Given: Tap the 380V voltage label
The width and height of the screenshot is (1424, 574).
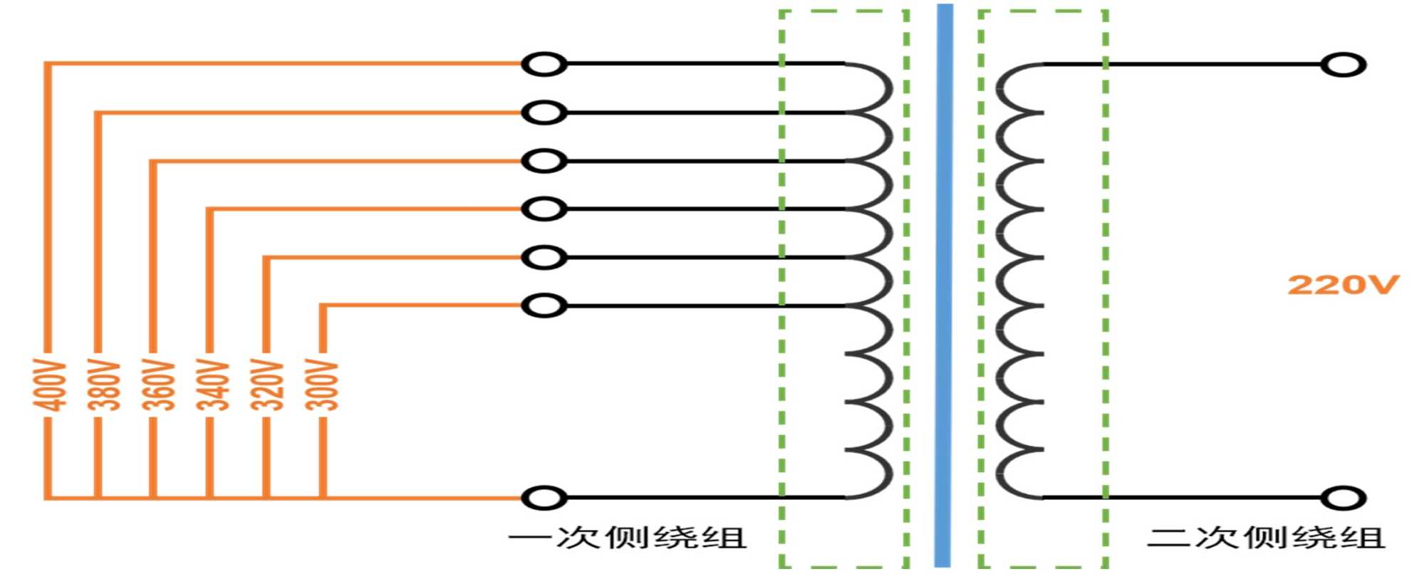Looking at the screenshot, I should tap(104, 385).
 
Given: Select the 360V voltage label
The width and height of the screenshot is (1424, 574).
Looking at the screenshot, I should tap(158, 385).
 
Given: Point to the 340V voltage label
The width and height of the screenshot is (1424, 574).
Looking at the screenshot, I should tap(213, 385).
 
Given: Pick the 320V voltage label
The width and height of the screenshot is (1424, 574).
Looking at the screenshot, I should tap(267, 385).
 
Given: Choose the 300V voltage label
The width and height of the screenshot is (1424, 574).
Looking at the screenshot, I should tap(322, 385).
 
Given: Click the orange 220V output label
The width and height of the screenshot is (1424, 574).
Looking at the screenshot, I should tap(1343, 285).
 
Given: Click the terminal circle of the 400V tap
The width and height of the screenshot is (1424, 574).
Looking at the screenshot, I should tap(544, 64).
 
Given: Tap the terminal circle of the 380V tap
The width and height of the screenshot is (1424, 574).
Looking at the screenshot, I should tap(544, 113).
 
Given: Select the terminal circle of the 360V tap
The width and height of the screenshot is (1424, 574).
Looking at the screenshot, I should tap(544, 161).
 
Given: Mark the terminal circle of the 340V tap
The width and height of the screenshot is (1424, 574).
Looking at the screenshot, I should tap(544, 209).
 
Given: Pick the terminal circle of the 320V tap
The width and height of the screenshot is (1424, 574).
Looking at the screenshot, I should tap(544, 257).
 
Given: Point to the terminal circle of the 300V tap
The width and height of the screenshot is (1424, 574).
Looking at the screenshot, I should tap(544, 306).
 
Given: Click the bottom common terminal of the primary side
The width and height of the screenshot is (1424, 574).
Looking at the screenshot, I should tap(544, 497).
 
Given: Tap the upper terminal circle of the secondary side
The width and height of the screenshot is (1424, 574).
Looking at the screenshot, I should tap(1343, 65).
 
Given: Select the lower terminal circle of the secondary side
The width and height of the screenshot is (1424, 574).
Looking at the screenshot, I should tap(1343, 497).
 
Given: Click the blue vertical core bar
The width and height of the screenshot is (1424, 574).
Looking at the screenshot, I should tap(944, 285).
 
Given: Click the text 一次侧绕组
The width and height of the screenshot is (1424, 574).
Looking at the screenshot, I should tap(628, 538).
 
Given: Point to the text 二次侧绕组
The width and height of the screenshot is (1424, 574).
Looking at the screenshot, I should tap(1266, 538).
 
